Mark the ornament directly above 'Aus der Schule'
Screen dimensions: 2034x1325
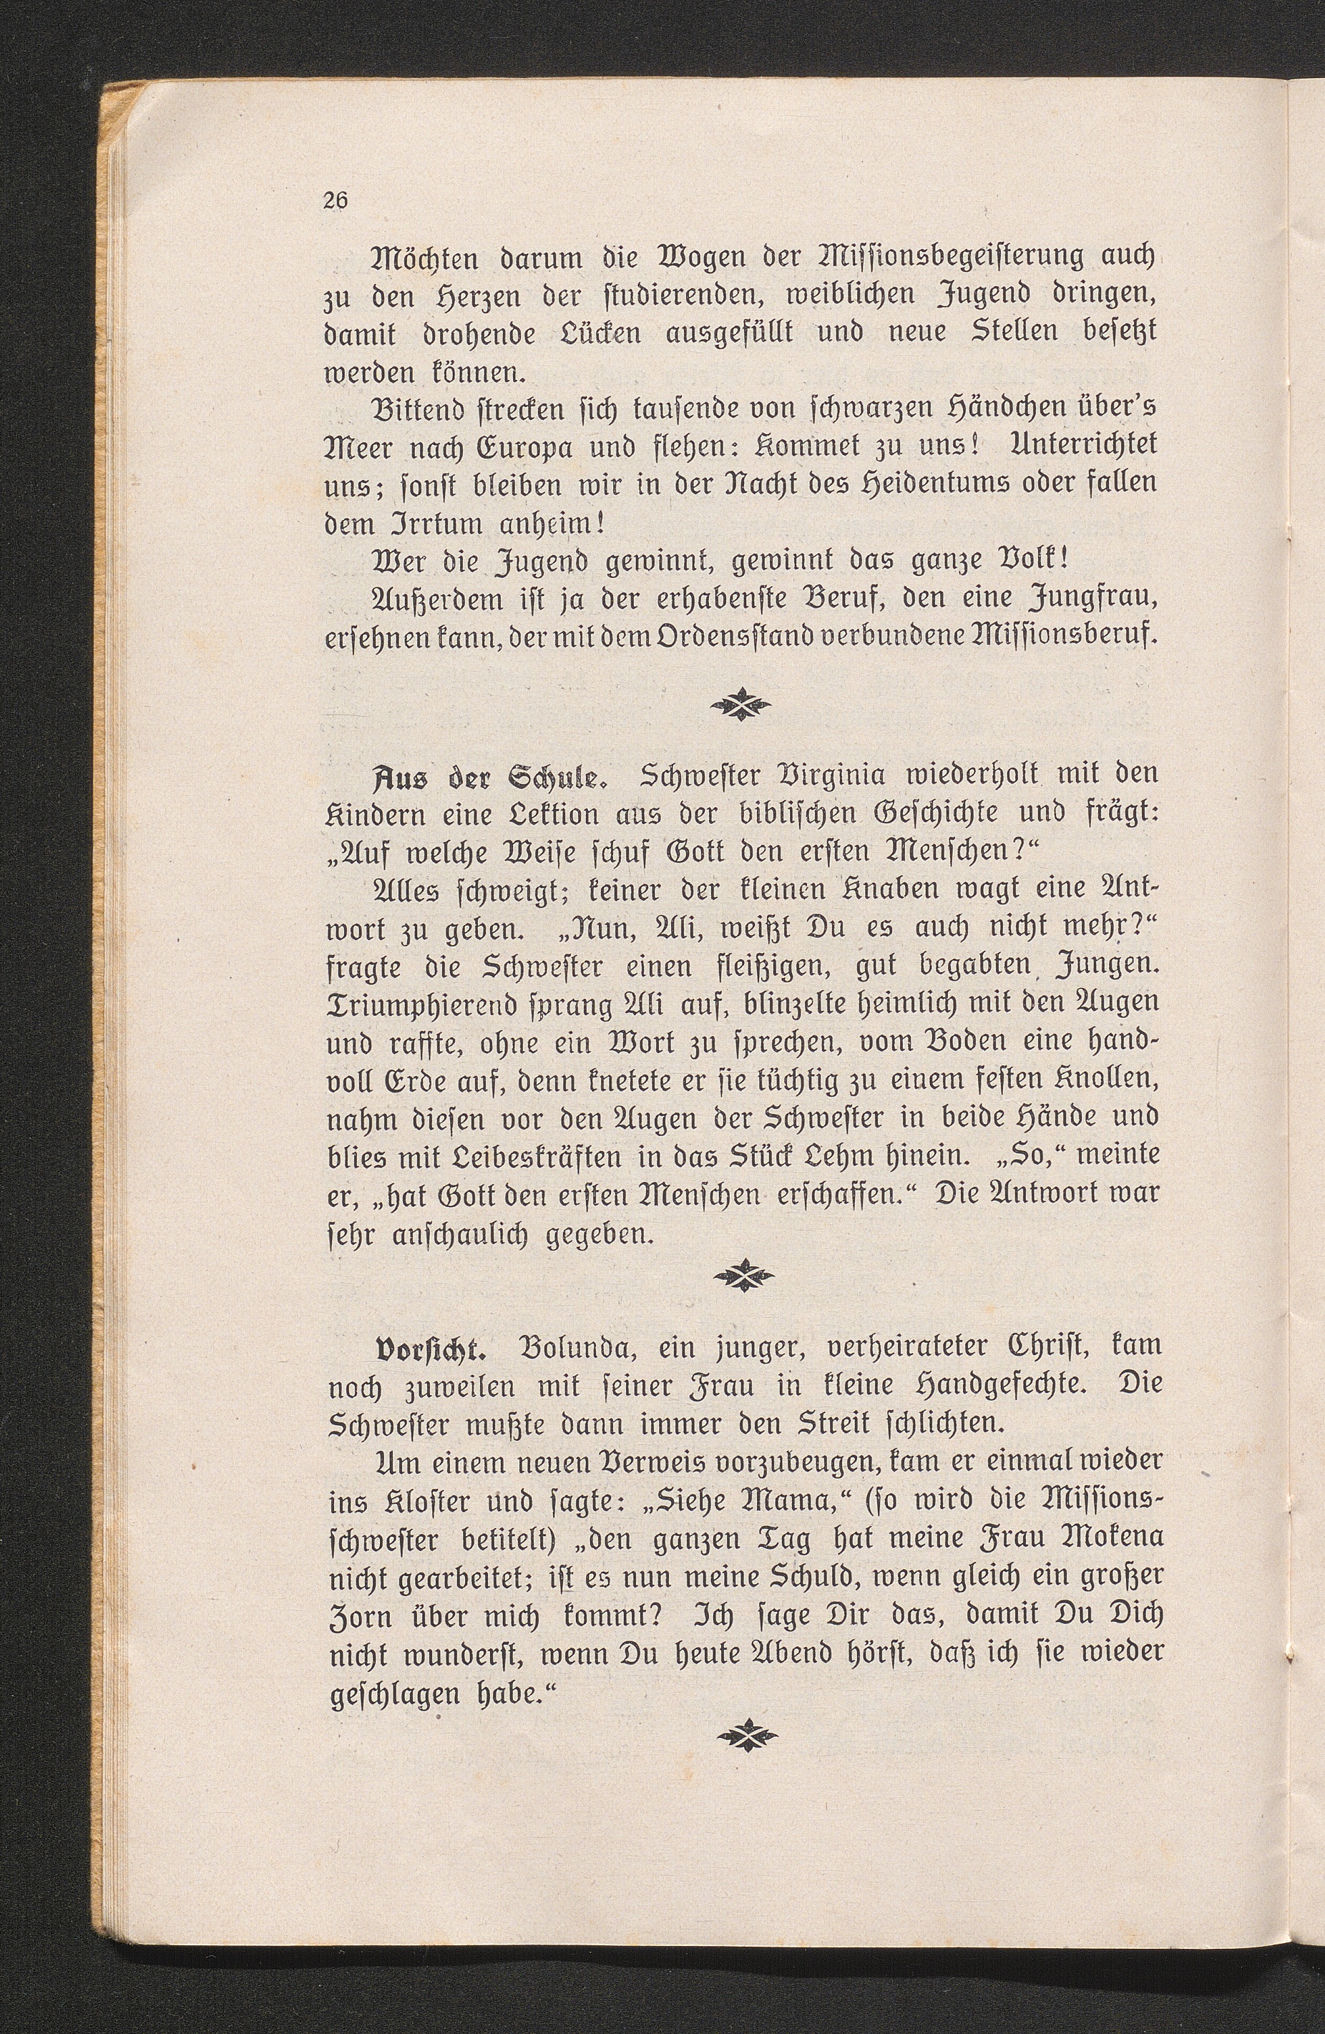click(x=744, y=703)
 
